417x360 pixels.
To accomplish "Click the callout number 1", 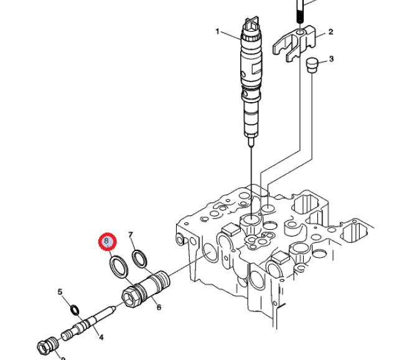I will click(x=218, y=32).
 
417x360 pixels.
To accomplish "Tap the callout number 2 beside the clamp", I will click(x=330, y=32).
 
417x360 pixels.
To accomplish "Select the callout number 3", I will click(x=331, y=59).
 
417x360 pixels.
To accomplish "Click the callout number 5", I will click(x=60, y=291).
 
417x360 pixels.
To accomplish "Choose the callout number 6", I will click(x=159, y=307).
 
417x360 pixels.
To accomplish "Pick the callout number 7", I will click(x=131, y=235).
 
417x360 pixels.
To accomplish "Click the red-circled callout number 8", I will click(x=107, y=240).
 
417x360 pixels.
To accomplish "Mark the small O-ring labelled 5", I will click(x=75, y=310).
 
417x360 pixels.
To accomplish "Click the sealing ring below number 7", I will click(x=141, y=257).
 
